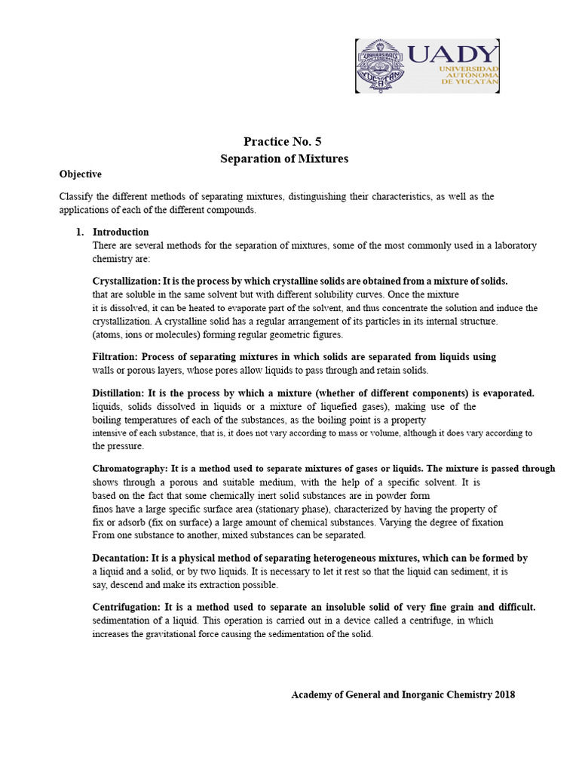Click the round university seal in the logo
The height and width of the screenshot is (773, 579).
pos(382,66)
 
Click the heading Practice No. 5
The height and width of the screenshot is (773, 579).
pos(283,141)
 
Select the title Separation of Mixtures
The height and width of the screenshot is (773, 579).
pos(284,159)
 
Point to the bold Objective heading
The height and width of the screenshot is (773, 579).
pos(81,174)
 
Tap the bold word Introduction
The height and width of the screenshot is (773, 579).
pos(121,232)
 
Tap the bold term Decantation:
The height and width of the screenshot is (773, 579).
pos(120,558)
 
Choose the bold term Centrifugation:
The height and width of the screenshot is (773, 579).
pos(126,607)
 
